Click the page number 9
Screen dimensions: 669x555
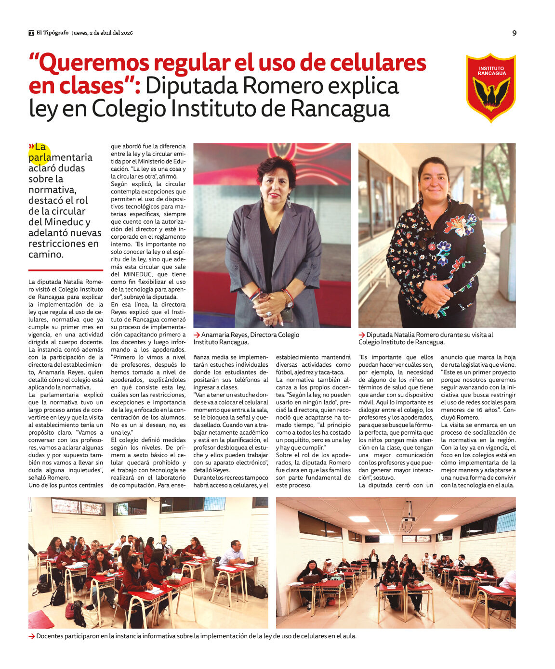(514, 33)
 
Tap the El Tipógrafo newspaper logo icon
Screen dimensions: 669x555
(31, 33)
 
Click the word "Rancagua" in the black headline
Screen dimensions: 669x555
(340, 108)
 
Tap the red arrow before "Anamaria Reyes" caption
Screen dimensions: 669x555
(197, 335)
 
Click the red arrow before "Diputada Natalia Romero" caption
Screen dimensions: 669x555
(362, 335)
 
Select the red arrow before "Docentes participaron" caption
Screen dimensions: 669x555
(32, 636)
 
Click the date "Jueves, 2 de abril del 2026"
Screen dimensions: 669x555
(102, 33)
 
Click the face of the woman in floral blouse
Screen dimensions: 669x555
(433, 182)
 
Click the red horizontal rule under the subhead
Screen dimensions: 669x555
(66, 270)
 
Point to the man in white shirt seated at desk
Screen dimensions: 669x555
(233, 554)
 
